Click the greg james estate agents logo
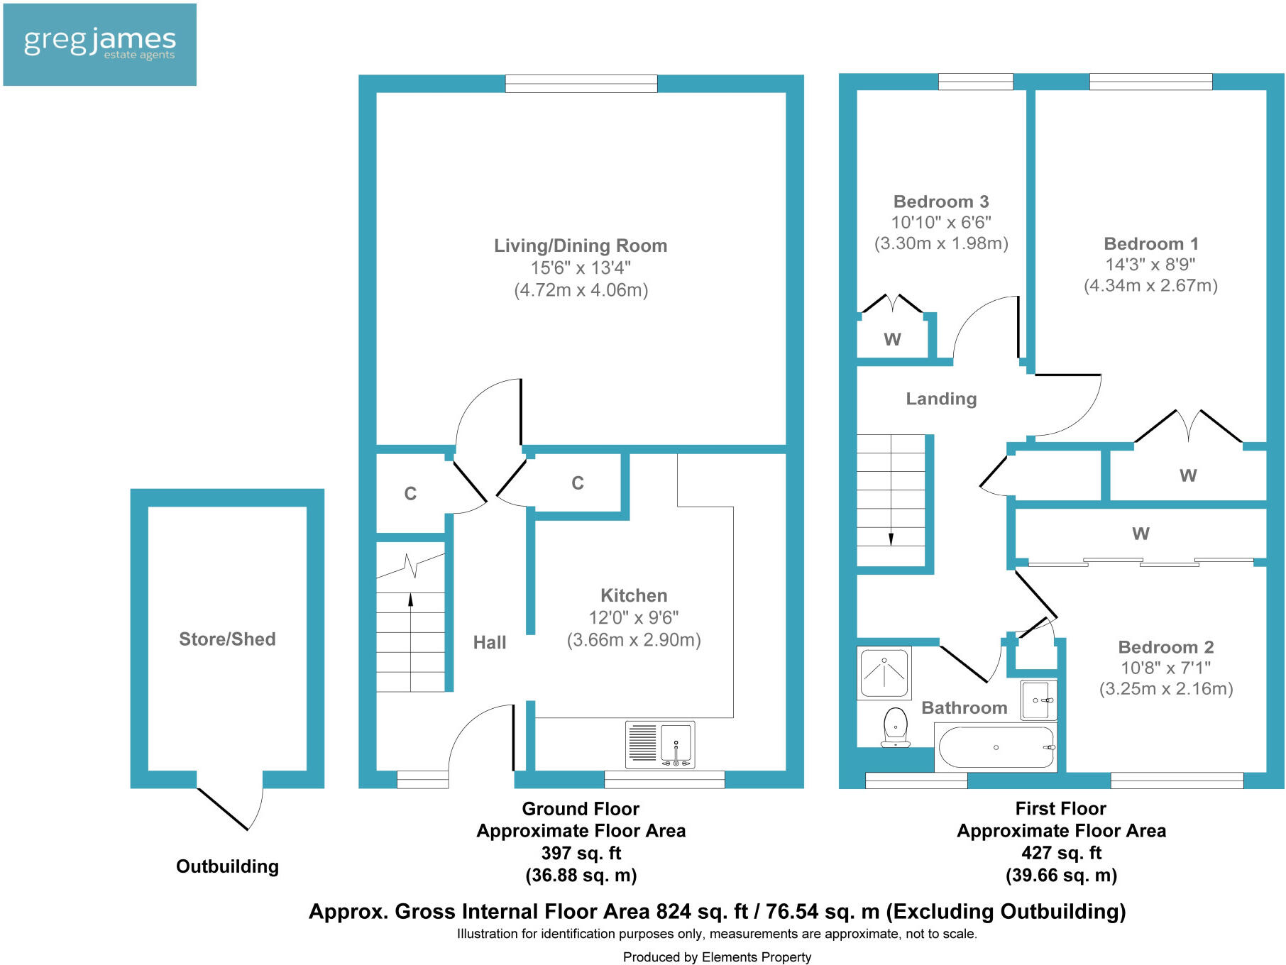[99, 44]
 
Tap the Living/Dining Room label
[581, 246]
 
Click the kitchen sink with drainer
[659, 744]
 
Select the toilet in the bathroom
[896, 727]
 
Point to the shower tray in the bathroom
[884, 673]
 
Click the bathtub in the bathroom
[996, 747]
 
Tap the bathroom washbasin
[1038, 700]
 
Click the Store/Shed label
[227, 639]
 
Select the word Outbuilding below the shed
[227, 866]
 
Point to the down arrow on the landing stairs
[891, 537]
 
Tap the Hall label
[490, 642]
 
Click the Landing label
[941, 399]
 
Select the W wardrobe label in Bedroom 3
[892, 340]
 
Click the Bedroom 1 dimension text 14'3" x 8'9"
[1150, 265]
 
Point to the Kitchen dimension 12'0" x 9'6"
[633, 617]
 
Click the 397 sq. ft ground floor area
[581, 853]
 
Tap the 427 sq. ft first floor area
[1061, 853]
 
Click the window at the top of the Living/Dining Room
[581, 84]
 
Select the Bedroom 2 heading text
[1165, 647]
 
